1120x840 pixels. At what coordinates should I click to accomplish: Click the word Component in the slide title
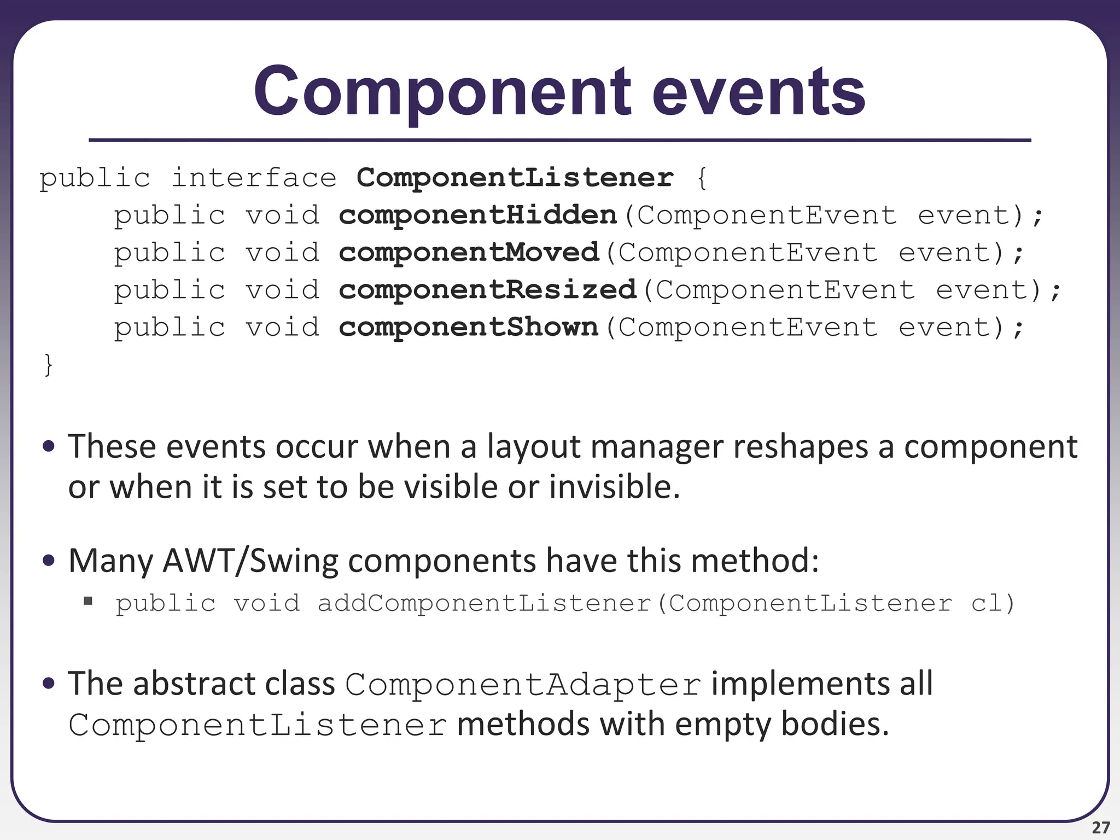(x=442, y=92)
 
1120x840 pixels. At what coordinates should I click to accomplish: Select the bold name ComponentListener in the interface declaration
(x=515, y=178)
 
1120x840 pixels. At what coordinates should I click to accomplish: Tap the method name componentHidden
(x=477, y=215)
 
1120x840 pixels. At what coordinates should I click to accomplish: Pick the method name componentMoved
(x=469, y=253)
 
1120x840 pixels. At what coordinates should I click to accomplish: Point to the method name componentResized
(x=487, y=290)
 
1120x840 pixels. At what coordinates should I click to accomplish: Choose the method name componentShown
(x=469, y=328)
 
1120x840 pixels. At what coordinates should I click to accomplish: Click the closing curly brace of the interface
(x=48, y=365)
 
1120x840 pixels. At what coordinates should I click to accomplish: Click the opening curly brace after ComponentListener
(x=702, y=178)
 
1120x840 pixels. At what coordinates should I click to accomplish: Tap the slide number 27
(x=1100, y=827)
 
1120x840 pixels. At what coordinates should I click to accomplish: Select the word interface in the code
(x=254, y=178)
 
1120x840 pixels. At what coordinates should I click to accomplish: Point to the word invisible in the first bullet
(x=614, y=487)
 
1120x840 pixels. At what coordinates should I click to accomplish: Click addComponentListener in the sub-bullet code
(x=485, y=603)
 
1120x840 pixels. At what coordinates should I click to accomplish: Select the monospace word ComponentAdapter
(x=523, y=685)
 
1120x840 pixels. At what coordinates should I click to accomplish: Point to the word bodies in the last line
(x=835, y=724)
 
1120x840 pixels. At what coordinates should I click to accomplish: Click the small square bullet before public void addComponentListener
(x=88, y=602)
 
